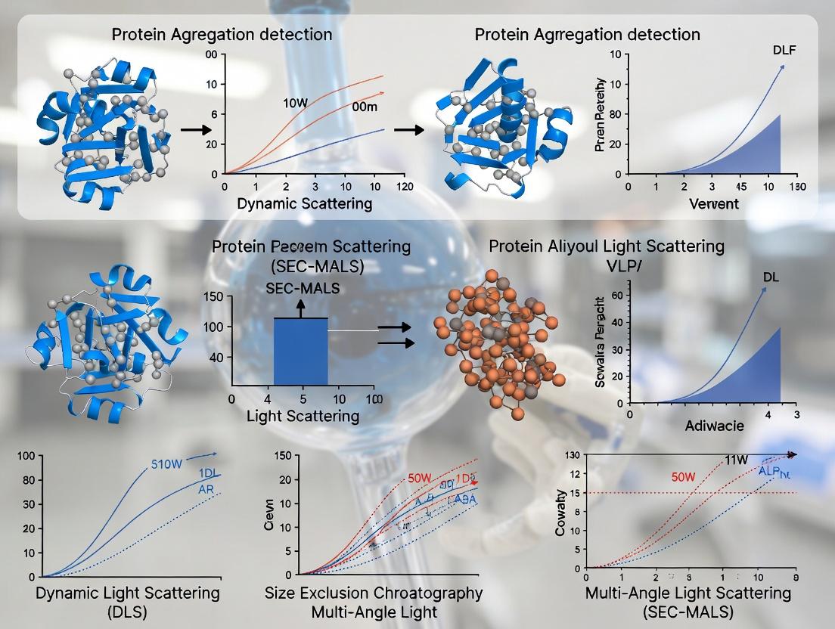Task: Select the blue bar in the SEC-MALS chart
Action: pos(300,352)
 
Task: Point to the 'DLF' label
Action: pos(784,51)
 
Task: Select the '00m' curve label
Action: pos(365,107)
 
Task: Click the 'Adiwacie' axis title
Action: pos(714,426)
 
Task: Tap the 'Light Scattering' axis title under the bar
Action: pos(303,415)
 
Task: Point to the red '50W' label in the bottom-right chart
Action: pos(683,477)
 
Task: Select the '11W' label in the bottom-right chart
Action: pos(736,460)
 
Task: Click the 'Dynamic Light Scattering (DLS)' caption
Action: pos(128,602)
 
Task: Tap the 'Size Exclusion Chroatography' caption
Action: pos(374,593)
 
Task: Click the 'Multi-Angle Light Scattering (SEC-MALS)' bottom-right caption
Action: pos(688,602)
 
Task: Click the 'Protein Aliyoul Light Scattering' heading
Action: pos(607,246)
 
